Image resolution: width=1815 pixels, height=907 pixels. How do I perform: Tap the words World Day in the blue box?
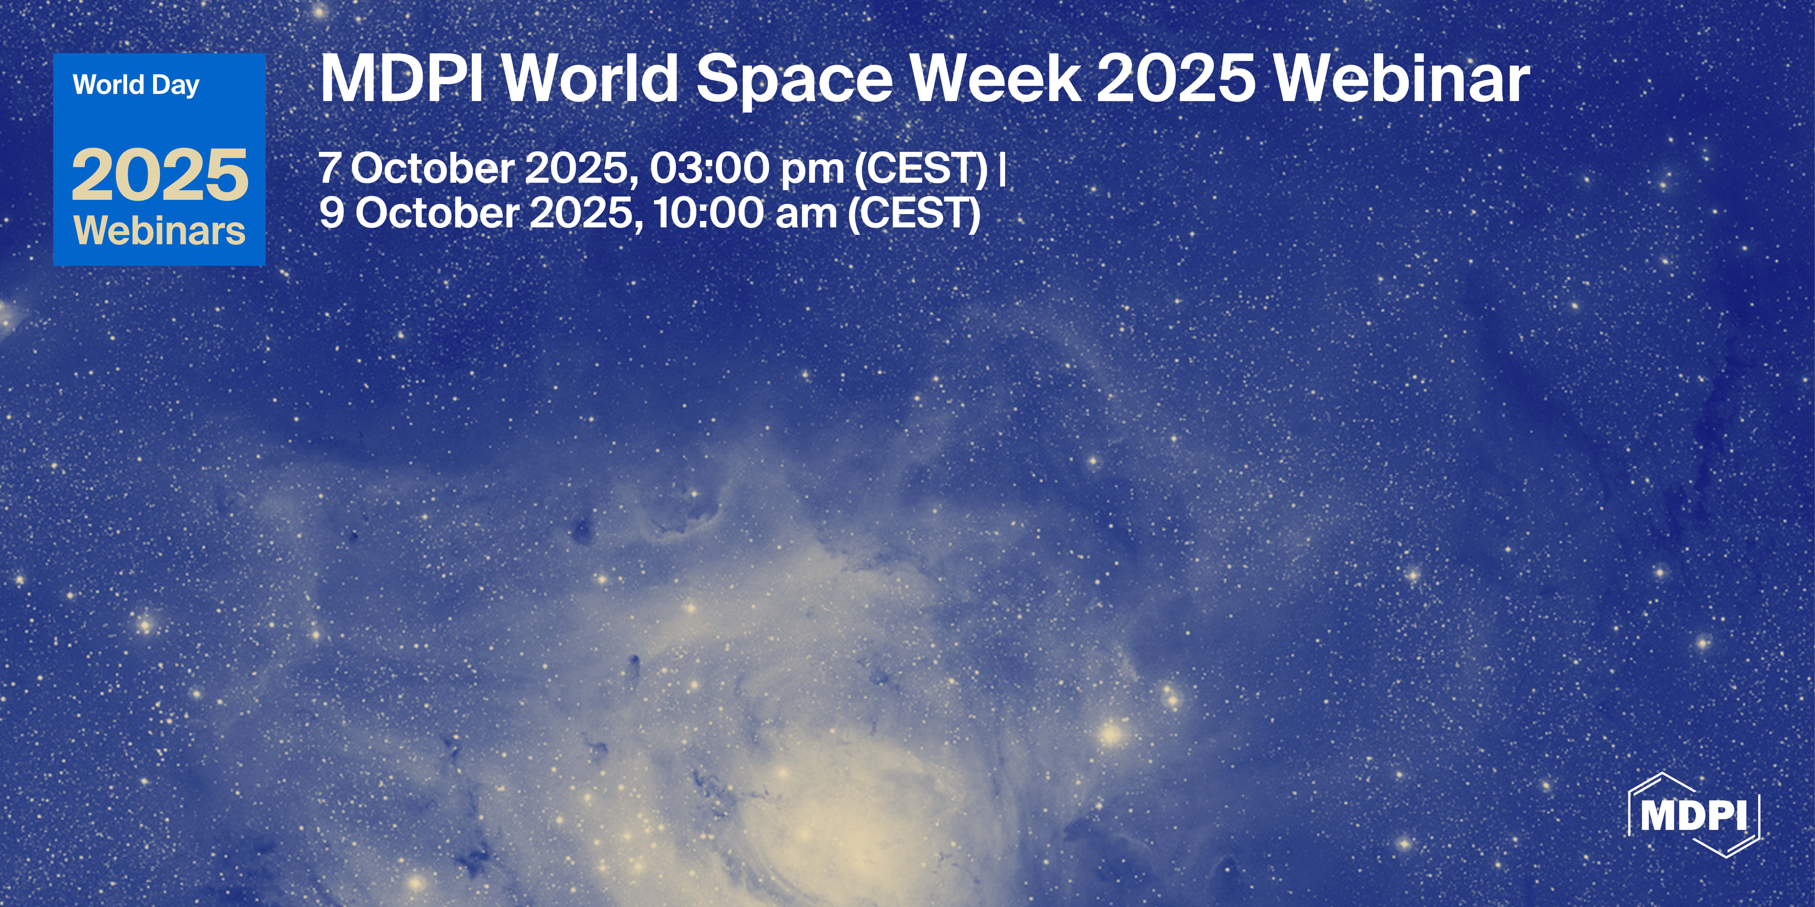pyautogui.click(x=136, y=85)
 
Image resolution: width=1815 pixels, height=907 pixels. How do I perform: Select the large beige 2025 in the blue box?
pyautogui.click(x=160, y=175)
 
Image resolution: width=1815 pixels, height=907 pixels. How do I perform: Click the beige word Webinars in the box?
pyautogui.click(x=160, y=230)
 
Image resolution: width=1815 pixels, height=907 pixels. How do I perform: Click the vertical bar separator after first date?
pyautogui.click(x=1002, y=169)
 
